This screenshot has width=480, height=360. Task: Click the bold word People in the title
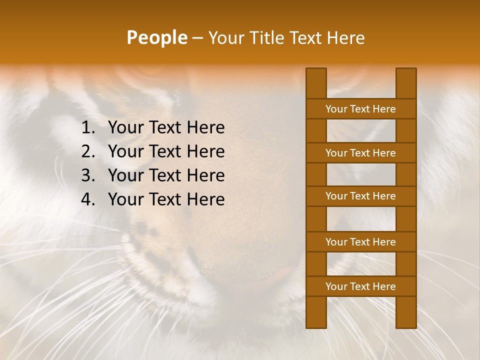[x=156, y=37]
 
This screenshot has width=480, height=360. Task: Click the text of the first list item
[x=166, y=128]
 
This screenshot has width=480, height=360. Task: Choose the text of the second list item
[x=166, y=151]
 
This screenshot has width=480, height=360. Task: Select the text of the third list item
[x=166, y=175]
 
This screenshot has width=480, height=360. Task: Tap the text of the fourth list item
[x=166, y=199]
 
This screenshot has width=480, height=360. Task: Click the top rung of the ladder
[x=360, y=109]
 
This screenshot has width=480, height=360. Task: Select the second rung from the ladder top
[x=360, y=153]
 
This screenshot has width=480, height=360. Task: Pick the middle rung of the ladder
[x=360, y=196]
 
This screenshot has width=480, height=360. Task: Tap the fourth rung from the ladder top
[x=360, y=242]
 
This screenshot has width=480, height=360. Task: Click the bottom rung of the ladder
[x=360, y=286]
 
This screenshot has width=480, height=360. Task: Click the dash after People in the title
[x=197, y=38]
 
